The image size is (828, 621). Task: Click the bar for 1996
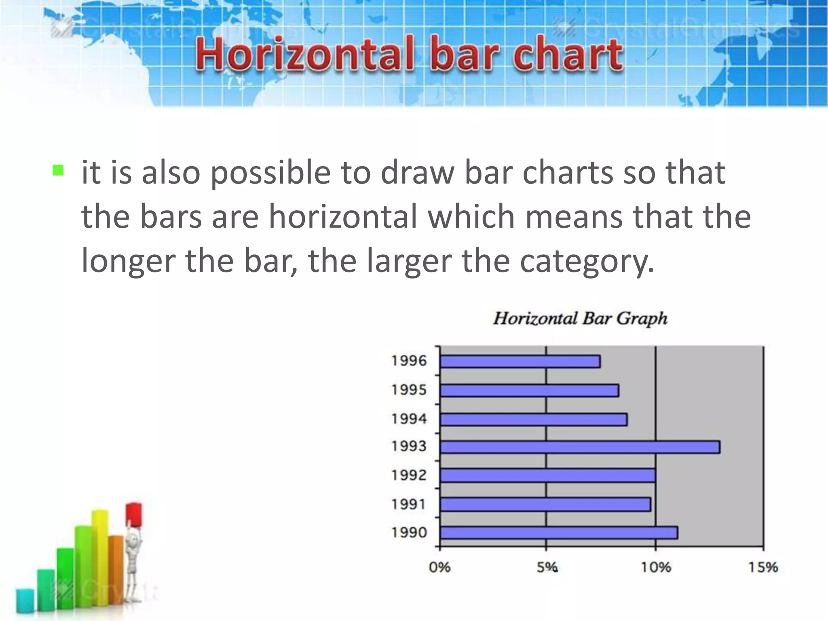tap(520, 361)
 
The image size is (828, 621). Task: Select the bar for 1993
tap(580, 447)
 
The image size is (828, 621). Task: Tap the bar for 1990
tap(559, 533)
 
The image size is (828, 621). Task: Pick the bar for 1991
tap(545, 505)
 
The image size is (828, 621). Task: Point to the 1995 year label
tap(409, 390)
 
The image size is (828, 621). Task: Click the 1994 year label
tap(409, 419)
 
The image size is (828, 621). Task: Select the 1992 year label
tap(409, 475)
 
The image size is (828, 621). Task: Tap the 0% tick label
tap(439, 568)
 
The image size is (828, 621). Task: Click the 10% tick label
tap(655, 568)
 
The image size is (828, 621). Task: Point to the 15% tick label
tap(763, 568)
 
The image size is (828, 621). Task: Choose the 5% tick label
tap(547, 568)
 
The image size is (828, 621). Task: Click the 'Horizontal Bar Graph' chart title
tap(580, 319)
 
